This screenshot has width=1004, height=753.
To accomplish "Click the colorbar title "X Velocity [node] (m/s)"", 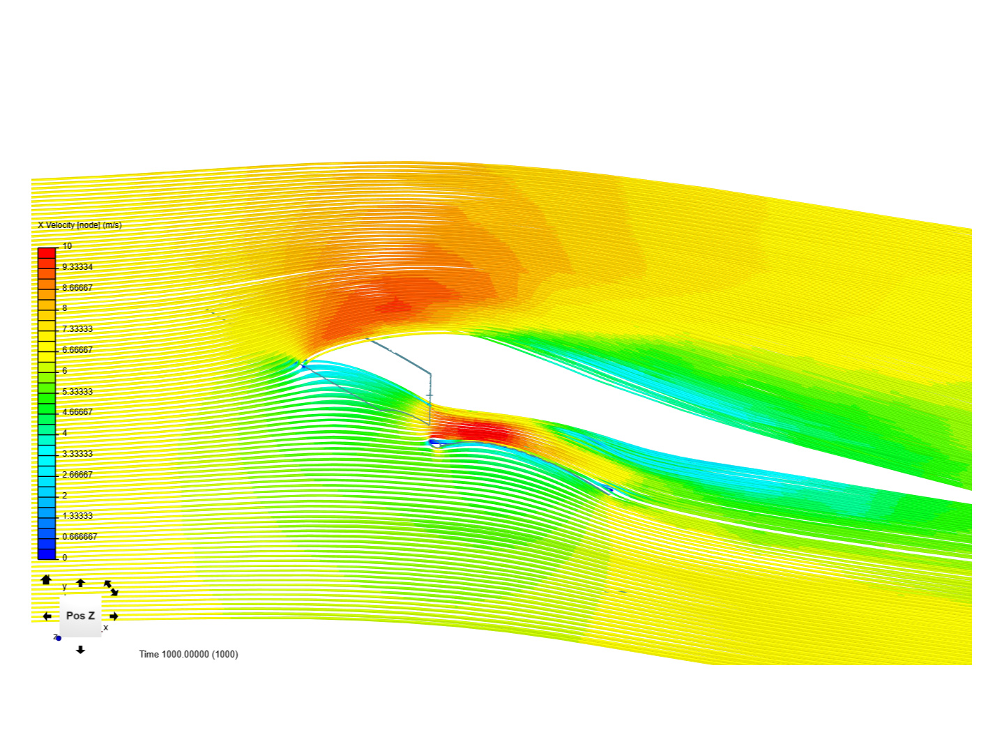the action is click(x=79, y=225).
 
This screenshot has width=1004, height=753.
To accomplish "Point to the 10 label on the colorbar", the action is click(x=67, y=246).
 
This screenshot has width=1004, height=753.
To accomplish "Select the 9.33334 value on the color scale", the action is click(x=77, y=267).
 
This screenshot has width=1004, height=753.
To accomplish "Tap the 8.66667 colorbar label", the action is click(x=77, y=287).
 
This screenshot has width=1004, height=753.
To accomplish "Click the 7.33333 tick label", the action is click(x=77, y=328).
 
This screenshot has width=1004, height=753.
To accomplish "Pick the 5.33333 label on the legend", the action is click(x=77, y=391).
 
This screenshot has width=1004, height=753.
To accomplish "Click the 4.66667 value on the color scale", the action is click(x=77, y=412).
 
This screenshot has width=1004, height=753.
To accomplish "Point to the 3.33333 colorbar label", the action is click(x=77, y=453).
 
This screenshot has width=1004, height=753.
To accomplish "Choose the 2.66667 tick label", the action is click(x=77, y=475).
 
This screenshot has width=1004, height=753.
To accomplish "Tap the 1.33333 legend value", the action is click(x=77, y=516).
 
